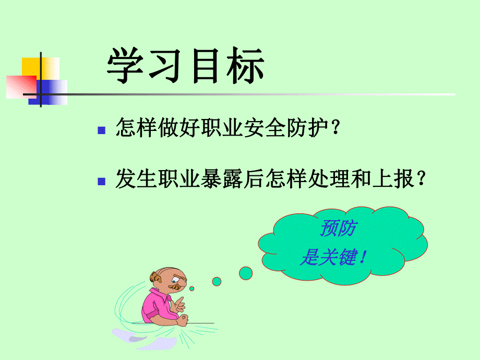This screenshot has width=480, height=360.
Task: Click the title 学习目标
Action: [x=186, y=67]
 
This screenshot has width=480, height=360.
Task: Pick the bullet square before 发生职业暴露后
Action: [x=102, y=181]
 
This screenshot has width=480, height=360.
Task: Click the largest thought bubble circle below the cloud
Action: [x=246, y=272]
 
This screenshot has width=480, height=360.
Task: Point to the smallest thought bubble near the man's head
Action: [x=192, y=289]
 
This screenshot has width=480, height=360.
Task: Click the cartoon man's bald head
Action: [x=159, y=277]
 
